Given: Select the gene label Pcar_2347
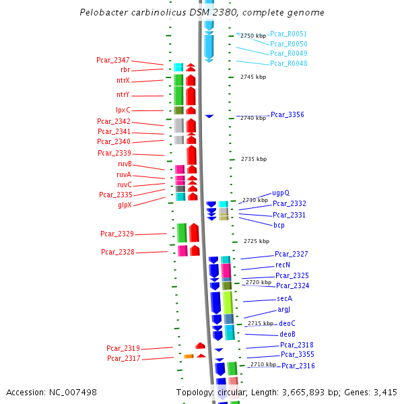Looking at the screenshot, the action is click(113, 61).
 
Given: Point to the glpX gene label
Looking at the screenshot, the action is click(125, 205).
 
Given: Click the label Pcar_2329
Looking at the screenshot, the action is click(117, 234).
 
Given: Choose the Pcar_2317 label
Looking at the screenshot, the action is click(123, 359).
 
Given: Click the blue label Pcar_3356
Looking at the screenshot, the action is click(288, 115).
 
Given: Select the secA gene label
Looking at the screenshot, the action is click(284, 298).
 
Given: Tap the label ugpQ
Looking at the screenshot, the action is click(281, 193).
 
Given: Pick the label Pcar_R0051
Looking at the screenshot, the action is click(288, 34).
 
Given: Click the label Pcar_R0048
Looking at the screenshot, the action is click(289, 64).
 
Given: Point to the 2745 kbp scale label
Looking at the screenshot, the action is click(253, 77).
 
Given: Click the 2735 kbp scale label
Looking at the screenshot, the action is click(254, 159).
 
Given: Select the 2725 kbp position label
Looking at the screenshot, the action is click(257, 241).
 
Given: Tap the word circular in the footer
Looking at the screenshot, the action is click(229, 392).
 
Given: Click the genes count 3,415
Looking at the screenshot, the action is click(384, 392).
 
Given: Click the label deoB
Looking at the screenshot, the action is click(288, 335).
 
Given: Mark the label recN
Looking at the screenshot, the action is click(283, 265).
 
